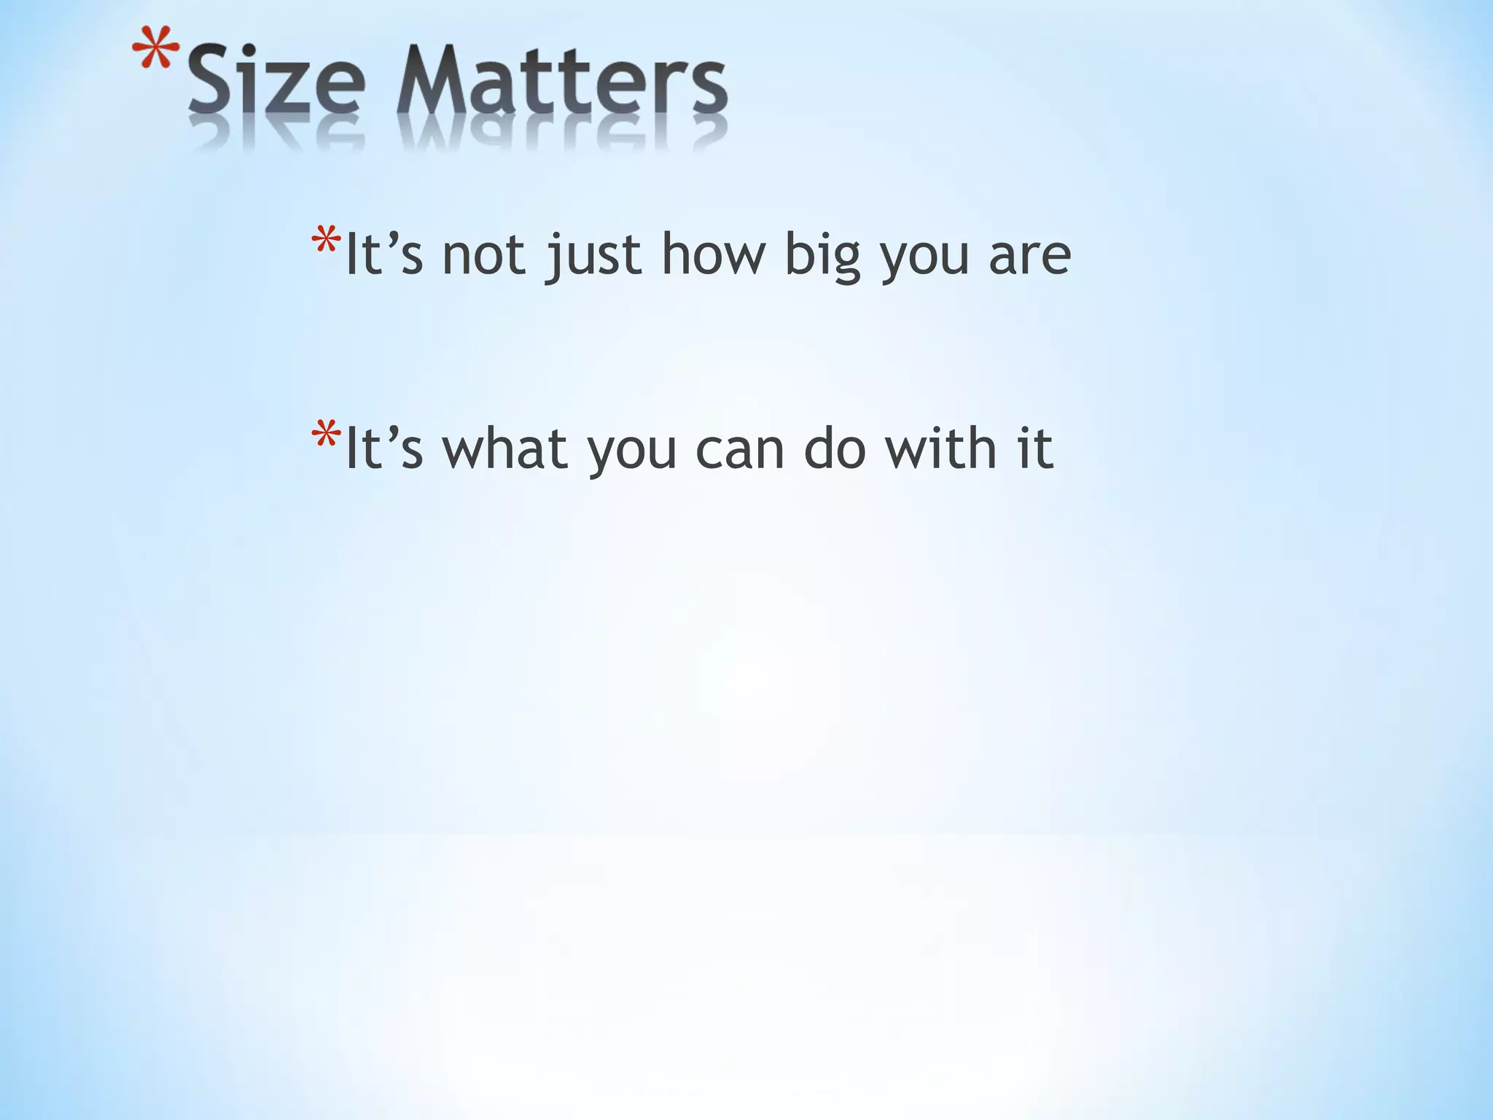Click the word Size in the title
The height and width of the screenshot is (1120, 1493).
[275, 80]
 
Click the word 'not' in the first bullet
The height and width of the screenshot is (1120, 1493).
[483, 254]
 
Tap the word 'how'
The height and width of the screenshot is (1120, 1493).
[713, 254]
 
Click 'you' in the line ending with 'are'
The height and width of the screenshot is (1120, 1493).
[924, 259]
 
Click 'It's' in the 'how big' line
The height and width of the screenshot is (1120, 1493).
[383, 254]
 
